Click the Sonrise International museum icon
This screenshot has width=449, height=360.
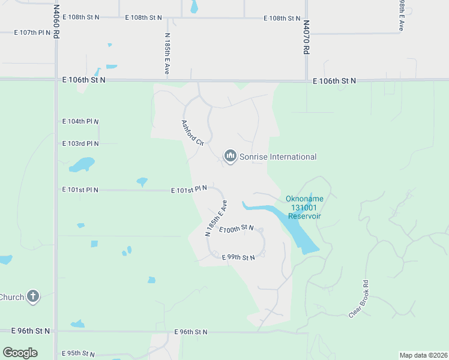click(230, 157)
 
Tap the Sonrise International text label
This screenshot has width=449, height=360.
click(278, 157)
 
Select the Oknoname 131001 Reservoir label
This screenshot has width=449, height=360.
click(303, 208)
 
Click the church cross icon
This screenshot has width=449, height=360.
click(33, 296)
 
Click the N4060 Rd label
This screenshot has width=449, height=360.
click(56, 22)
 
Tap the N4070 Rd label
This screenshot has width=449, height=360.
click(306, 38)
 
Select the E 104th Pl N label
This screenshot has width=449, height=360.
click(80, 121)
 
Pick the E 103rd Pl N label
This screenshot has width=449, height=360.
click(80, 143)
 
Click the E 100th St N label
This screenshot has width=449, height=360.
click(237, 229)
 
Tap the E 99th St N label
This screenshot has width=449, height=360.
click(238, 257)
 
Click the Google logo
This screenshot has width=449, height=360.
click(20, 353)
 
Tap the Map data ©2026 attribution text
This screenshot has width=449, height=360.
click(423, 355)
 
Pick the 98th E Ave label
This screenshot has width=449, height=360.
click(401, 15)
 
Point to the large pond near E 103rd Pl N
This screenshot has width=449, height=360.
click(82, 164)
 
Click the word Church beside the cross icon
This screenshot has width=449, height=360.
click(11, 297)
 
